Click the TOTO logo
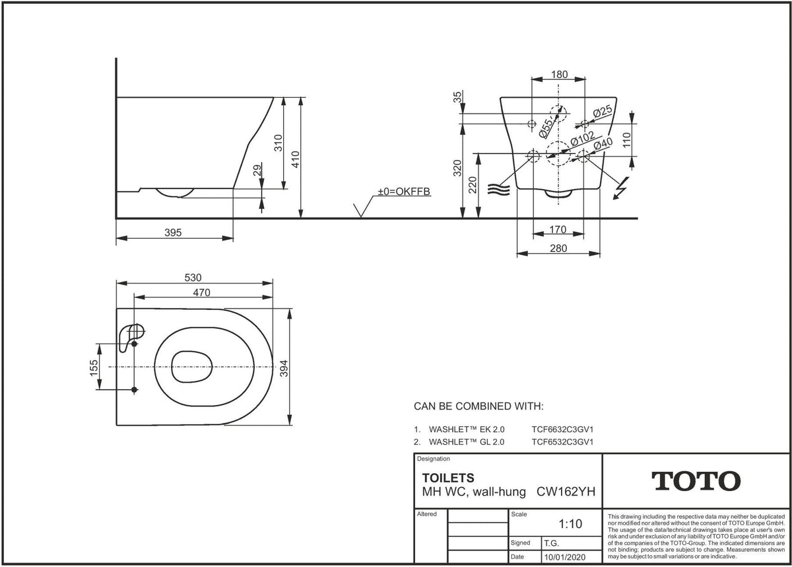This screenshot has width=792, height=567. tap(696, 481)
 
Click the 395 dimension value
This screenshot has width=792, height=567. tap(173, 233)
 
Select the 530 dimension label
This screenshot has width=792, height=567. tap(193, 278)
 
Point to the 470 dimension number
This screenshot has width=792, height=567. tap(201, 292)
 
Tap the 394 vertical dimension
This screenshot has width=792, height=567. tap(284, 368)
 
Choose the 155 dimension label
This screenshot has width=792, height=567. tap(94, 368)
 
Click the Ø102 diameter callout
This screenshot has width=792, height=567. tap(583, 139)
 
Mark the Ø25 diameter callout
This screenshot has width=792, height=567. tap(603, 112)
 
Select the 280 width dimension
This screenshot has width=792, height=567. tap(558, 248)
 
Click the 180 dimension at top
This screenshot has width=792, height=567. tap(560, 74)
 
